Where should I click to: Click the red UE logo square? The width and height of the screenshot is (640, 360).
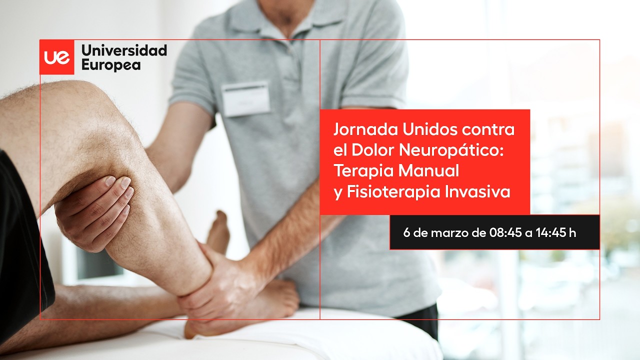57,57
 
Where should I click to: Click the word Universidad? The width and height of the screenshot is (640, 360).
124,50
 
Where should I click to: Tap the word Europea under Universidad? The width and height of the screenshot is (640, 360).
111,65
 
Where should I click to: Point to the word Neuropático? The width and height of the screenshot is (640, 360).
451,150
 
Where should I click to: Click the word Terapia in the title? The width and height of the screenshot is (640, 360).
363,170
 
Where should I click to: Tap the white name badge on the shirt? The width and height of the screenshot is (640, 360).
245,99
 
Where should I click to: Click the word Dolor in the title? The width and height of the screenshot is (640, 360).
373,150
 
